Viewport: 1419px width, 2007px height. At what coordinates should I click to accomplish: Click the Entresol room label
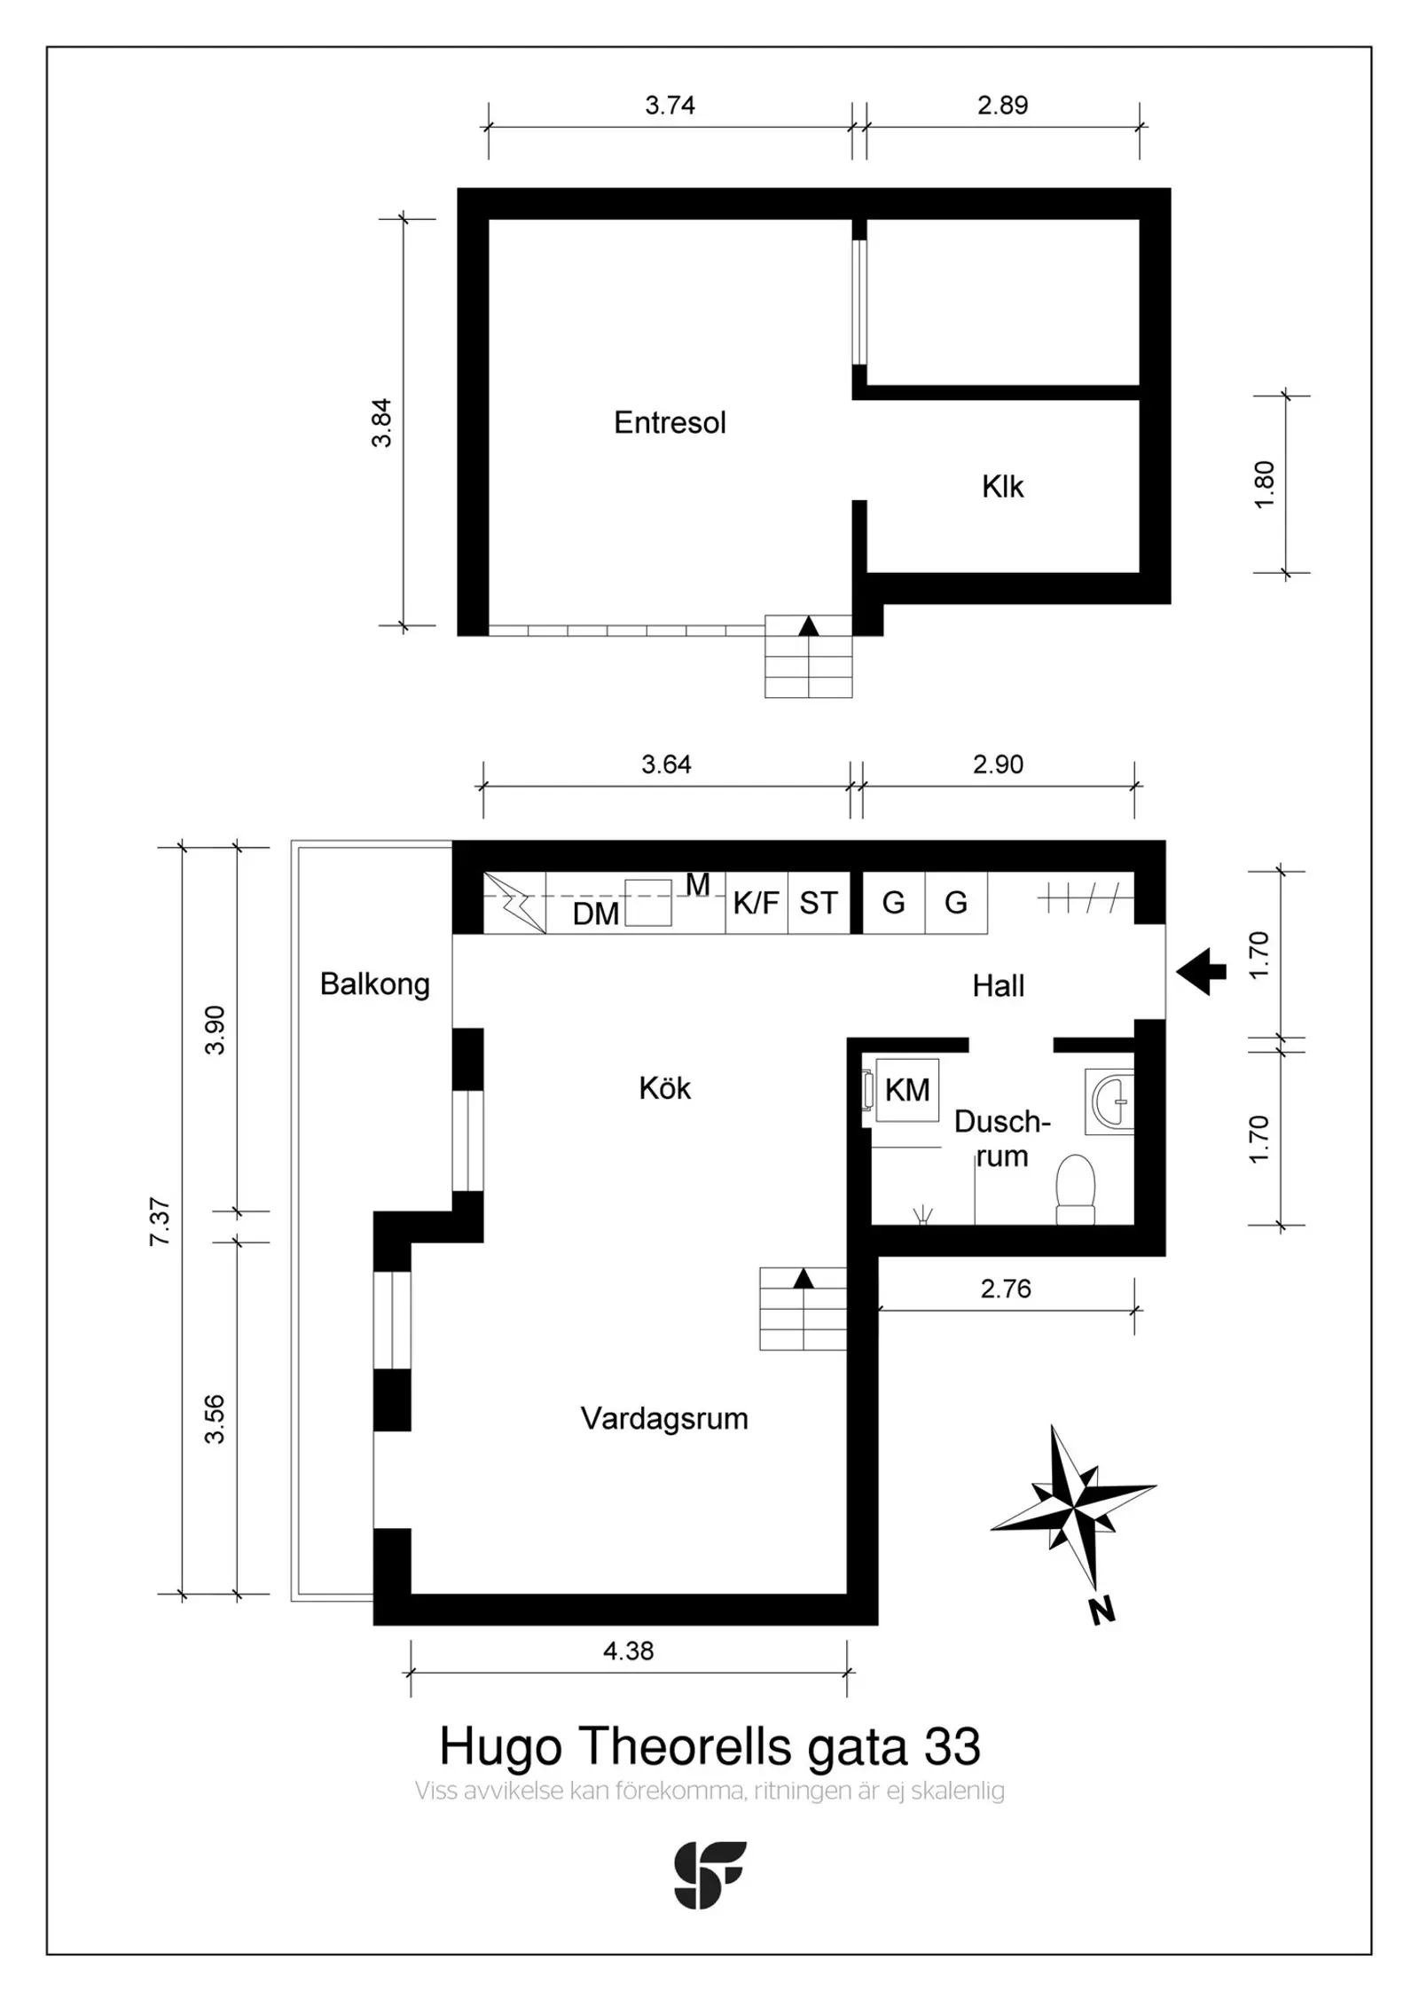[670, 422]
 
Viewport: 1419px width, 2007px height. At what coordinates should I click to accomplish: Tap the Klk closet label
[1002, 486]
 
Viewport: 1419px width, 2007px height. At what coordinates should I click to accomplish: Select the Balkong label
[374, 984]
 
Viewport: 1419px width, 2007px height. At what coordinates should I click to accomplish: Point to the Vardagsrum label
[664, 1418]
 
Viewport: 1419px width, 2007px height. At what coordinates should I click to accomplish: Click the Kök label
[664, 1088]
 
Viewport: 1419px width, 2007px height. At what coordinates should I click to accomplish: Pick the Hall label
[998, 985]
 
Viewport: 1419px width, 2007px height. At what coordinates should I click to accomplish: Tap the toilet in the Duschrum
[1076, 1189]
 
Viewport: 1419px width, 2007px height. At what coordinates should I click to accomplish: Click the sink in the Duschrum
[1109, 1101]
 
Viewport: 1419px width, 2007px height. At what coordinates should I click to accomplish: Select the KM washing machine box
[907, 1090]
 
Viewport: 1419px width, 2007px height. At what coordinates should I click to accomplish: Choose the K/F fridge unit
[756, 903]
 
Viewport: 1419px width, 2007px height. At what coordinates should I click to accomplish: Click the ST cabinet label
[819, 903]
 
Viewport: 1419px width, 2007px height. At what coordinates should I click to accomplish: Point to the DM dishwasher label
[596, 913]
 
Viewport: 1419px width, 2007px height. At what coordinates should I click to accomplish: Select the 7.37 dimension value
[160, 1222]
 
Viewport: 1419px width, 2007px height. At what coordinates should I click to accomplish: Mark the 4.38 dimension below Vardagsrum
[628, 1650]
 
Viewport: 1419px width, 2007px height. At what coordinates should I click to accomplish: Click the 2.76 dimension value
[1006, 1289]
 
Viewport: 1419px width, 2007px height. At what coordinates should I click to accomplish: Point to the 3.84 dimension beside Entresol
[381, 423]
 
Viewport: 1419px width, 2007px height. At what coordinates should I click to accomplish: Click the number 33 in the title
[953, 1746]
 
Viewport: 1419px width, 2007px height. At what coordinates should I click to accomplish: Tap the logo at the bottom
[709, 1875]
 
